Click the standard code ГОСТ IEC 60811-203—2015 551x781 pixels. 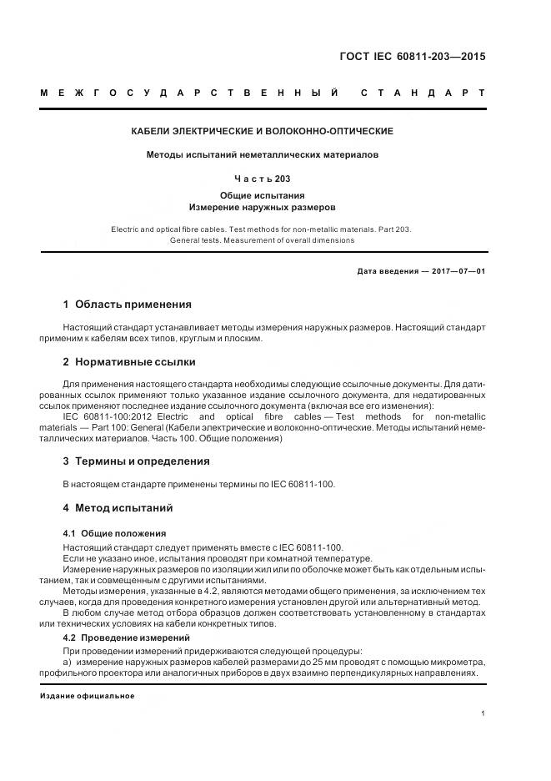(x=412, y=58)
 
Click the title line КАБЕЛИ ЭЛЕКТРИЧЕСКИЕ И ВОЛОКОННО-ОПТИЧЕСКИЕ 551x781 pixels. (x=263, y=131)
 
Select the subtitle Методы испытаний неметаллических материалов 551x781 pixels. (x=263, y=154)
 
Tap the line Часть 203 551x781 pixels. (x=263, y=179)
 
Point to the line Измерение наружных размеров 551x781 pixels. (x=263, y=206)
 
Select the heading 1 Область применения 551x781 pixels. (x=128, y=305)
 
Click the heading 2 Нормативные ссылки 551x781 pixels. (x=129, y=362)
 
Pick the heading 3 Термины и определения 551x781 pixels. (x=137, y=461)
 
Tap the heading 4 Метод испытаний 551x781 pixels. (x=118, y=507)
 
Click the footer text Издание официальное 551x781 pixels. (x=88, y=696)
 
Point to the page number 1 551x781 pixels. (x=483, y=713)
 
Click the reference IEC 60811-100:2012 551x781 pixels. (x=107, y=416)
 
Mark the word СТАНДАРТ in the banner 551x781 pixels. (x=423, y=93)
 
